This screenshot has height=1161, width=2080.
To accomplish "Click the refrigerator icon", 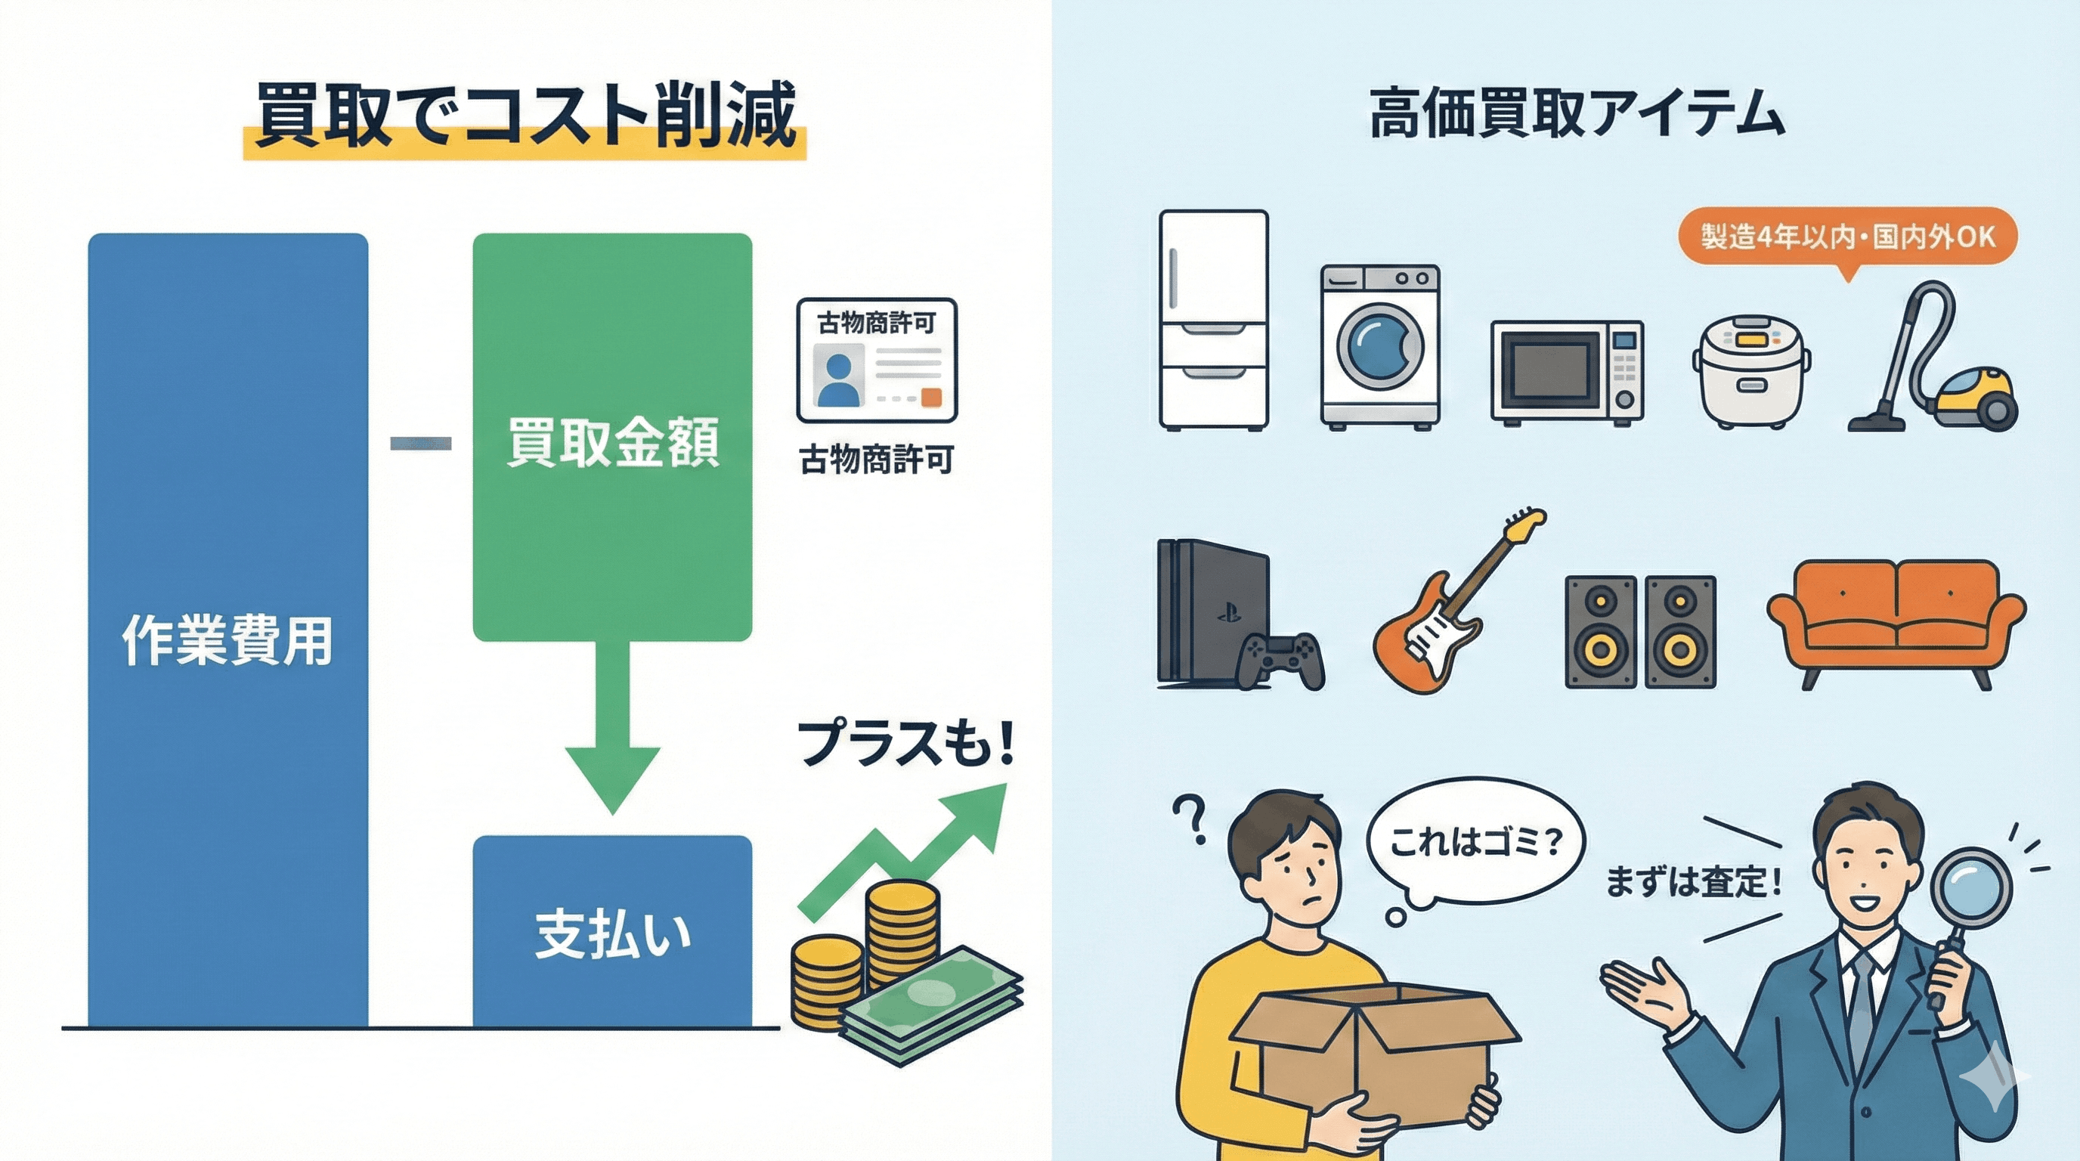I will tap(1213, 319).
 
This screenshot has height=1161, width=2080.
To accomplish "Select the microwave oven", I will tap(1567, 370).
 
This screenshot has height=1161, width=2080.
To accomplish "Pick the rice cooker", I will tap(1750, 370).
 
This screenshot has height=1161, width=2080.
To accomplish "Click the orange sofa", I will tap(1896, 621).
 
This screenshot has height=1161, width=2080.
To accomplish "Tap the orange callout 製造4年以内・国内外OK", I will tap(1847, 237).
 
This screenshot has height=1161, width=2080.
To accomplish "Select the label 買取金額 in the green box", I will tap(613, 442).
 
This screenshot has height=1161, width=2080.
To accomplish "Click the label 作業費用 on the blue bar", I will tap(227, 642).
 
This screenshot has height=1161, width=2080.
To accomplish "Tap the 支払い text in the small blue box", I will tap(613, 934).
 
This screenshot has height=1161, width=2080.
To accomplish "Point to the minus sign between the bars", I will tap(421, 442).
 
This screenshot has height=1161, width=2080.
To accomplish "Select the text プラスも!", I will tap(905, 744).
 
